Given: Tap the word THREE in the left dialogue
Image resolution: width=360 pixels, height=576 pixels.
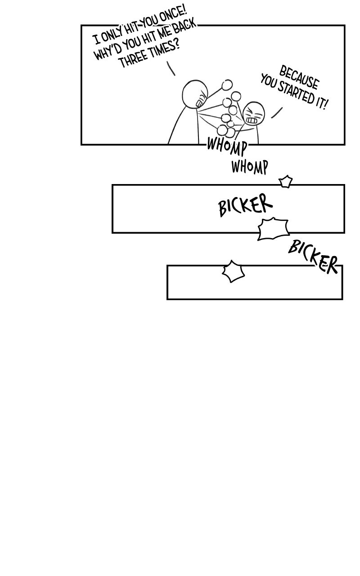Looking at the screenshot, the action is pyautogui.click(x=133, y=59).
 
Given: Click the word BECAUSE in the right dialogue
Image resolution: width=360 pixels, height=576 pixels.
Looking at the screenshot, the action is pyautogui.click(x=299, y=77).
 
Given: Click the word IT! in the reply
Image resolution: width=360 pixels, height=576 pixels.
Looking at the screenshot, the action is pyautogui.click(x=321, y=103).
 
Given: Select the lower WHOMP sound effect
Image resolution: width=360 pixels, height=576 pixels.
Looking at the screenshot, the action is pyautogui.click(x=249, y=167).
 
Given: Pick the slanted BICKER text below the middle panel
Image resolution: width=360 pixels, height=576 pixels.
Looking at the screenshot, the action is pyautogui.click(x=313, y=256).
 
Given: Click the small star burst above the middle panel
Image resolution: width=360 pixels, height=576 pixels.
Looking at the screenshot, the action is pyautogui.click(x=286, y=181).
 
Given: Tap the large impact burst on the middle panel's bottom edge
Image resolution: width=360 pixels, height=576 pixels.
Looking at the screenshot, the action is pyautogui.click(x=273, y=229).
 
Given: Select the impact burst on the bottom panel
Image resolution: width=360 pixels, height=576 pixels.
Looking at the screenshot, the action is pyautogui.click(x=233, y=271).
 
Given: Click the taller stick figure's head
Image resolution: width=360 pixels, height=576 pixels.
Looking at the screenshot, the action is pyautogui.click(x=195, y=94).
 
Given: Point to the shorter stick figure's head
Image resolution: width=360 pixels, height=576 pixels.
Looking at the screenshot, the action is pyautogui.click(x=253, y=113).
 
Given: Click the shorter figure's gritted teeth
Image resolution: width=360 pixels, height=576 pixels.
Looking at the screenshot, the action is pyautogui.click(x=251, y=120).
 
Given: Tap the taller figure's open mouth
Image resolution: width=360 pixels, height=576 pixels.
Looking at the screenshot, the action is pyautogui.click(x=199, y=103).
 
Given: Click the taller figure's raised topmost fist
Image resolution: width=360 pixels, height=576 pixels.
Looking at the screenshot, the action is pyautogui.click(x=227, y=85).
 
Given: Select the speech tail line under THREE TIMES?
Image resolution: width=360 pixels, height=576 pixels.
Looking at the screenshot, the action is pyautogui.click(x=171, y=68).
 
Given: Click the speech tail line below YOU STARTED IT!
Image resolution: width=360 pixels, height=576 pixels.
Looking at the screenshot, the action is pyautogui.click(x=277, y=113).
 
